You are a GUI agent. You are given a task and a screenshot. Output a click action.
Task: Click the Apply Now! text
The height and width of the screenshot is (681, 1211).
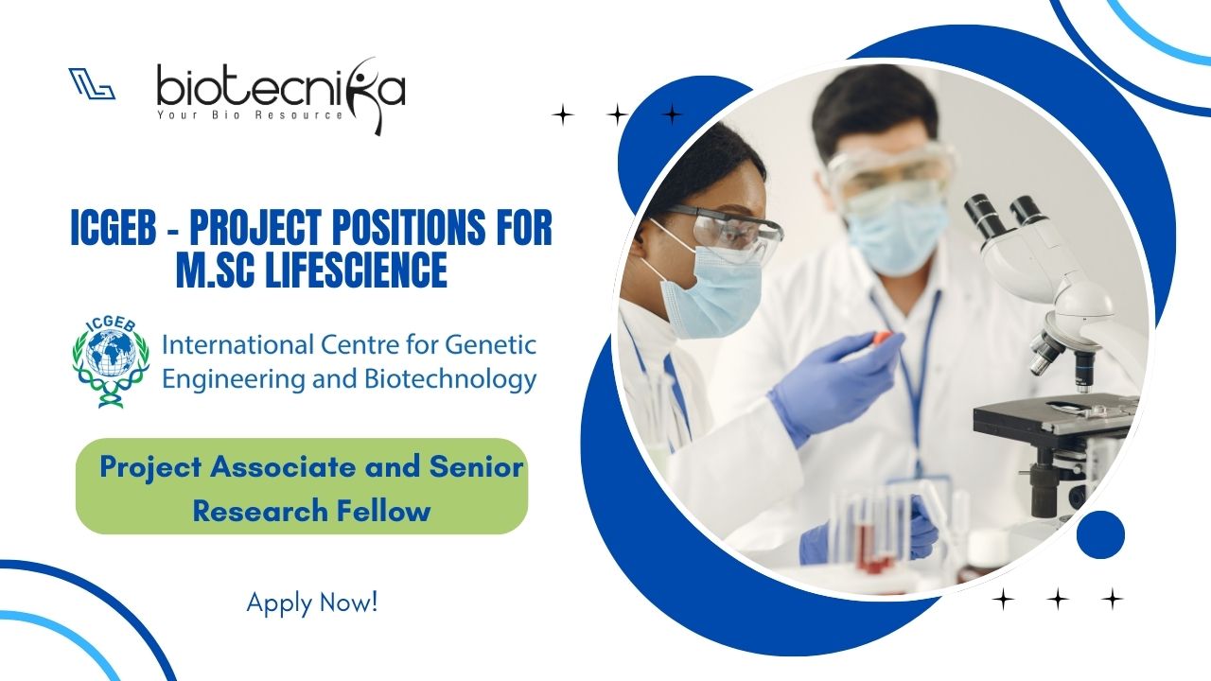(x=312, y=602)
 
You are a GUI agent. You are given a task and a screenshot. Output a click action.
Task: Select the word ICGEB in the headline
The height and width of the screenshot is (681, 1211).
(x=113, y=228)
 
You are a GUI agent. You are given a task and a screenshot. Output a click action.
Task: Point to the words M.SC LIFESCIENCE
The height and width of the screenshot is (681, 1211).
(x=311, y=270)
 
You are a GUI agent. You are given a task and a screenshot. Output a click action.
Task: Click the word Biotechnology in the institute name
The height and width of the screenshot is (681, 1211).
(x=451, y=378)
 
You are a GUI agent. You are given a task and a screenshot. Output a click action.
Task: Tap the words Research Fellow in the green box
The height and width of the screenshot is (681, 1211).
(x=312, y=512)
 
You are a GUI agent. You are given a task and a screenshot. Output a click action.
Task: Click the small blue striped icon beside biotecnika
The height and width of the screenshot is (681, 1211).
(x=92, y=84)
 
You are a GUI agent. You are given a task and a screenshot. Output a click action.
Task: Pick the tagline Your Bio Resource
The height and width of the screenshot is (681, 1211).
(x=250, y=115)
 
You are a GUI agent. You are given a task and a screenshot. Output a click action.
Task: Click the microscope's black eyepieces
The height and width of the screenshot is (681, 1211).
(x=1000, y=217)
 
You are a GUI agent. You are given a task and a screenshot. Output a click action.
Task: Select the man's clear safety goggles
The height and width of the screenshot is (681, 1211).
(x=889, y=173)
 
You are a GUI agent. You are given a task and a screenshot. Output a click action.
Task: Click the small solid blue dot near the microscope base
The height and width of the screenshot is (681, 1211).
(x=1100, y=534)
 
